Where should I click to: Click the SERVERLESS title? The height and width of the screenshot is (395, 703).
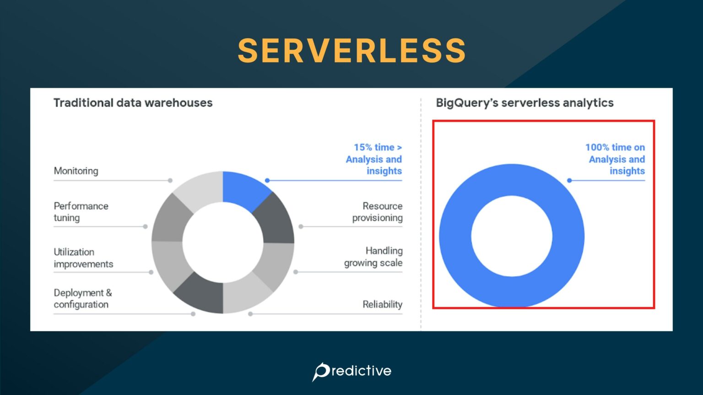(351, 50)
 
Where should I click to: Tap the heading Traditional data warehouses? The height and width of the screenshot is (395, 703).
(133, 103)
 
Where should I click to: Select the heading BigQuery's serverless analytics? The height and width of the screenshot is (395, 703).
(525, 103)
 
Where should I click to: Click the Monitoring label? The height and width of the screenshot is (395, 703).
(76, 171)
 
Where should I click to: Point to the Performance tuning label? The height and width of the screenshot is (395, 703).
(81, 212)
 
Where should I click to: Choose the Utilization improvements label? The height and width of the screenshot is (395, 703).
(83, 258)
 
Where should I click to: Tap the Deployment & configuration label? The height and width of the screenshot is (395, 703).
(83, 299)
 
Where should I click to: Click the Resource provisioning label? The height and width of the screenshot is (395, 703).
(378, 212)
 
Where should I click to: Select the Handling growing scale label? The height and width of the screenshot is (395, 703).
(373, 256)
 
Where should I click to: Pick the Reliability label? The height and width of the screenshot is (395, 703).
(382, 304)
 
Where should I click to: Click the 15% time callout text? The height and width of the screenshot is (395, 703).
(374, 159)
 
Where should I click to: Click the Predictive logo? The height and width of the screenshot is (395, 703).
(351, 371)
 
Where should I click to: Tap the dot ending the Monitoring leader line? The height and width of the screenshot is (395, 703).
(170, 181)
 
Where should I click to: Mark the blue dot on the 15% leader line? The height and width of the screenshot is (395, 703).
(267, 181)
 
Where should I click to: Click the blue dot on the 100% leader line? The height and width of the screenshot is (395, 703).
(569, 181)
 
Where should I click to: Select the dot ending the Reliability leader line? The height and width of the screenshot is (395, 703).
(250, 314)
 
